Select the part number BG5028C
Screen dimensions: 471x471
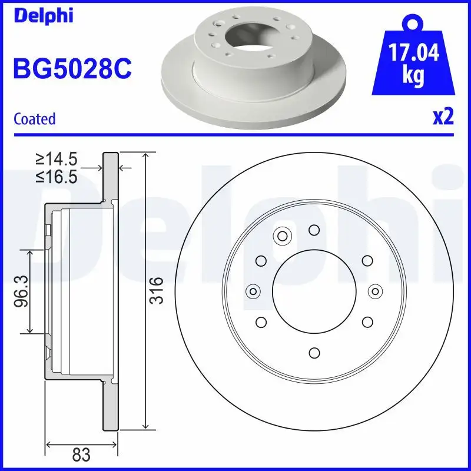click(x=71, y=69)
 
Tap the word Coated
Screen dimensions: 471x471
click(x=34, y=118)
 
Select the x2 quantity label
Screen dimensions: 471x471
click(x=443, y=117)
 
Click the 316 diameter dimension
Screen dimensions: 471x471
click(x=156, y=290)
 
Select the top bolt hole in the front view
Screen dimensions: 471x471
click(x=314, y=230)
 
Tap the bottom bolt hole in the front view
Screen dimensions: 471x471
click(x=314, y=352)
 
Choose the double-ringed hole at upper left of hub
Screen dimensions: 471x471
click(x=281, y=237)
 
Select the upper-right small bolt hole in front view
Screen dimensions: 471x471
click(x=367, y=261)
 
